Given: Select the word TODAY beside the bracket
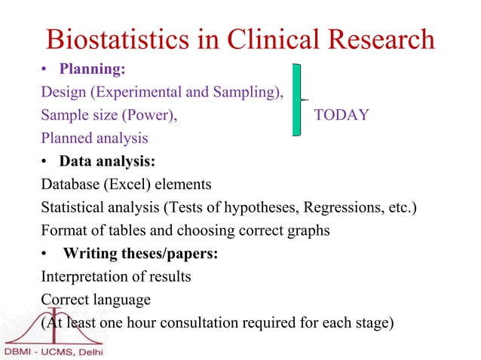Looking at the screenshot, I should (341, 115).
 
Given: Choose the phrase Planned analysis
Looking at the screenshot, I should (94, 139).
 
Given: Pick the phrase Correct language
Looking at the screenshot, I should (96, 299).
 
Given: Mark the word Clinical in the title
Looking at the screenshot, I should (259, 39).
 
